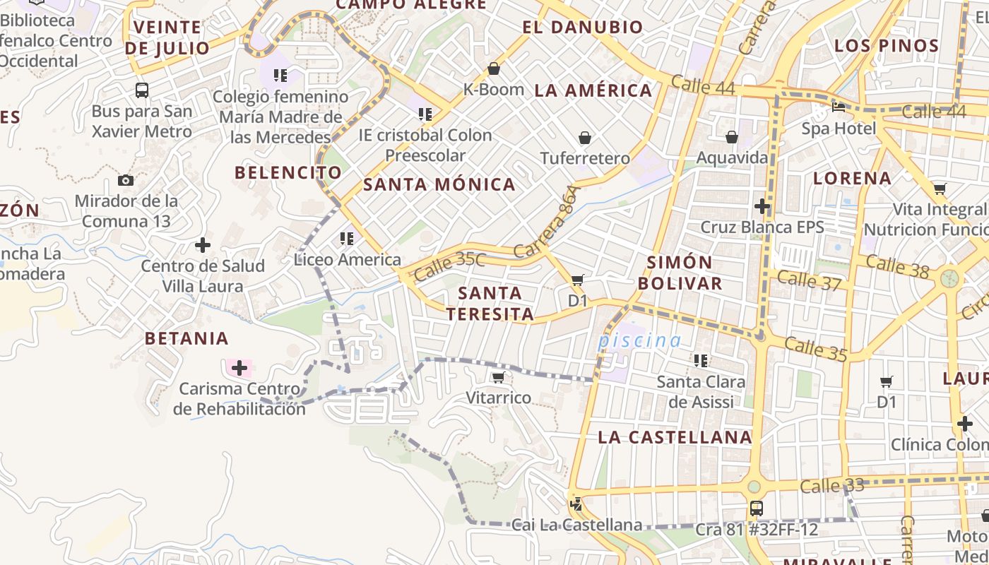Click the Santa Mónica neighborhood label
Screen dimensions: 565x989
[439, 185]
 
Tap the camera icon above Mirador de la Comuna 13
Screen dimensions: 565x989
[126, 181]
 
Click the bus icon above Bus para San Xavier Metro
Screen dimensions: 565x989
[142, 90]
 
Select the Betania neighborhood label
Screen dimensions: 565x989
[186, 338]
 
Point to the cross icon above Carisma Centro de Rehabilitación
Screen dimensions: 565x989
[239, 368]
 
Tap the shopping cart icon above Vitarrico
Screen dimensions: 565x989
[498, 378]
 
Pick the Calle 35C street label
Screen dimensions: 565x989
[450, 265]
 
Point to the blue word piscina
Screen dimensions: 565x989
[640, 341]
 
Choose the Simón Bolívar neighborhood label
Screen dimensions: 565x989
[680, 273]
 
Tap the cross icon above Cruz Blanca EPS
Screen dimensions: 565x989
[762, 206]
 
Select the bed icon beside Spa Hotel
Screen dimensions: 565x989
[839, 107]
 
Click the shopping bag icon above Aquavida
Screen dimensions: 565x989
[732, 136]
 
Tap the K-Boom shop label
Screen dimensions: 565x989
[493, 90]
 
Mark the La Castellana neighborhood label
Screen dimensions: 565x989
[675, 437]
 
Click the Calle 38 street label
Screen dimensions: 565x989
[897, 267]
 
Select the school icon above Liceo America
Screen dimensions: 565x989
[347, 239]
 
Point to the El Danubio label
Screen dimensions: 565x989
[583, 28]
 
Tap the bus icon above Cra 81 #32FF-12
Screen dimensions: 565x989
[756, 508]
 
